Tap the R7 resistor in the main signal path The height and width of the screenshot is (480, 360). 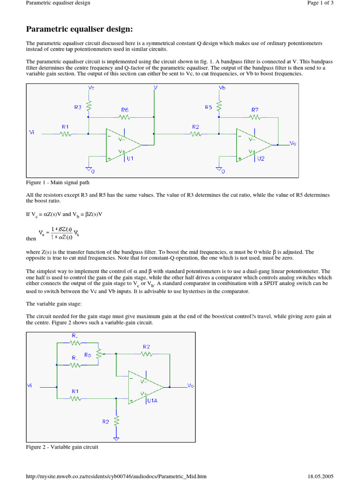(255, 117)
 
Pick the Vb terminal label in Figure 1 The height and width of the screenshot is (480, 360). (222, 88)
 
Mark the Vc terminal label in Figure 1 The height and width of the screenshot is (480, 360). (91, 88)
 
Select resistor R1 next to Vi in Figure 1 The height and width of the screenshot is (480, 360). (65, 134)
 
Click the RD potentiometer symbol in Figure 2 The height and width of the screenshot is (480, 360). (98, 354)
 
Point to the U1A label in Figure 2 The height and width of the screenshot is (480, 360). (152, 401)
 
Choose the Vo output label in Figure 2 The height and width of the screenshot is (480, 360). (190, 385)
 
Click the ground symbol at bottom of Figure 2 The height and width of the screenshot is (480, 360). (116, 438)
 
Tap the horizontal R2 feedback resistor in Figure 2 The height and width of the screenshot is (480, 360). (146, 354)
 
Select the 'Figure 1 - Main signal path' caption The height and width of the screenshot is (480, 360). (61, 182)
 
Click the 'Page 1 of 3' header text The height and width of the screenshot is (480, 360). (320, 3)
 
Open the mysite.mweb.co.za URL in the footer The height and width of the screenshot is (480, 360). (116, 476)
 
